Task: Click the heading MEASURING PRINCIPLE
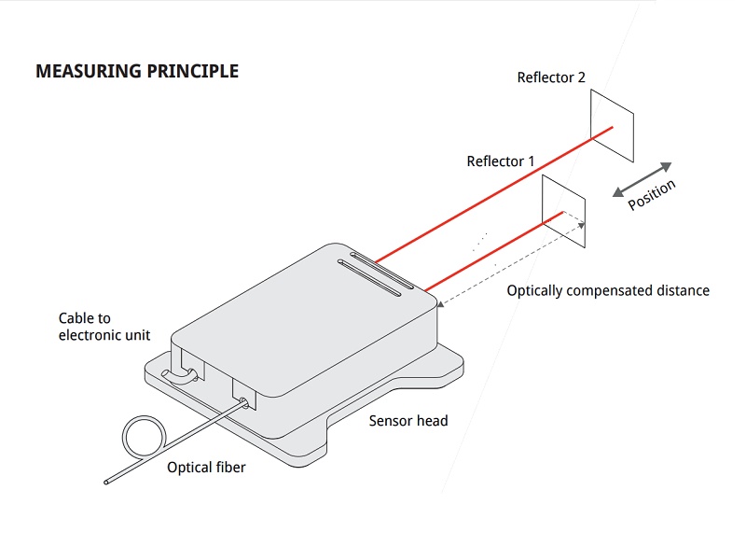tap(137, 71)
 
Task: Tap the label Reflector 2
tap(551, 77)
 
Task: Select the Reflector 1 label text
tap(501, 161)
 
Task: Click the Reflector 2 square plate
tap(612, 116)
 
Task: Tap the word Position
tap(652, 195)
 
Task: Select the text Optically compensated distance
tap(608, 290)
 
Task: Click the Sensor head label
tap(408, 421)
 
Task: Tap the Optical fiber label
tap(206, 467)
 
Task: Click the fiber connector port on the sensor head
tap(244, 403)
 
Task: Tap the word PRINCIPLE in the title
tap(192, 71)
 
